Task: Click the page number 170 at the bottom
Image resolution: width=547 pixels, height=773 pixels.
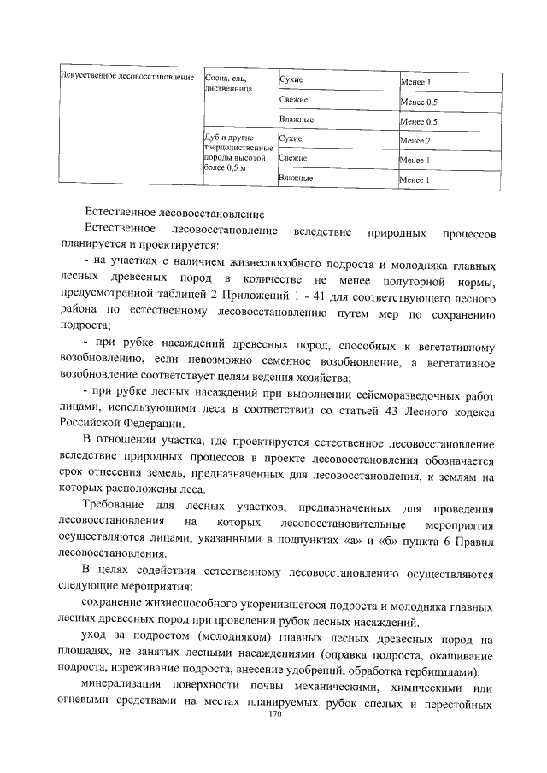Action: tap(274, 713)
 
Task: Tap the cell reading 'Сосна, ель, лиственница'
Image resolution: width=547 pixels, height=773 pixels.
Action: tap(229, 85)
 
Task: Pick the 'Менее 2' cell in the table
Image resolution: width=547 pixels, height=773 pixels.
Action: tap(415, 140)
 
